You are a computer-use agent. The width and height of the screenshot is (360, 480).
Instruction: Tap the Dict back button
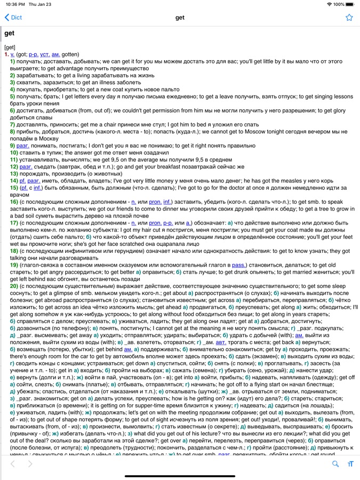tap(13, 18)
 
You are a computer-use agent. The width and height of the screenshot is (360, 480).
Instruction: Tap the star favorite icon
tap(349, 18)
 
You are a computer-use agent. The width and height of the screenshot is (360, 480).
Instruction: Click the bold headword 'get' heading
tap(10, 34)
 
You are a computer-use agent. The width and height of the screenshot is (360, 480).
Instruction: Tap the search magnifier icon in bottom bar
tap(335, 464)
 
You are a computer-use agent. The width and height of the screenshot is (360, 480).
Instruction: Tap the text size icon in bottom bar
tap(350, 464)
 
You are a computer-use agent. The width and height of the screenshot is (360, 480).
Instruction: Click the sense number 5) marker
tap(13, 97)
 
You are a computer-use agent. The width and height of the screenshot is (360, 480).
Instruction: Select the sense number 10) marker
tap(15, 153)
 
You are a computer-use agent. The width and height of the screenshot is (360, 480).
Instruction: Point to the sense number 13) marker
tap(15, 173)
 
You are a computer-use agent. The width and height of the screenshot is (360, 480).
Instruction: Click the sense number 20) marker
tap(15, 286)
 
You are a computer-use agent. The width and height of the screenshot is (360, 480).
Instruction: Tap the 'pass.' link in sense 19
tap(238, 265)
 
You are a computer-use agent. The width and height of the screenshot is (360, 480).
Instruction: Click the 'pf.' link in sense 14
tap(22, 181)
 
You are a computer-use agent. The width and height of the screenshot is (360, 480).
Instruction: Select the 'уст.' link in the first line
tap(45, 54)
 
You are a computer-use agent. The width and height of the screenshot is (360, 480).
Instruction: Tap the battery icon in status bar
tap(350, 4)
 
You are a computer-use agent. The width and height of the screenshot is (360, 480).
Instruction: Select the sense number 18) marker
tap(15, 251)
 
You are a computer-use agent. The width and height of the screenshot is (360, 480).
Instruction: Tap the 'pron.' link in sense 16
tap(155, 202)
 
